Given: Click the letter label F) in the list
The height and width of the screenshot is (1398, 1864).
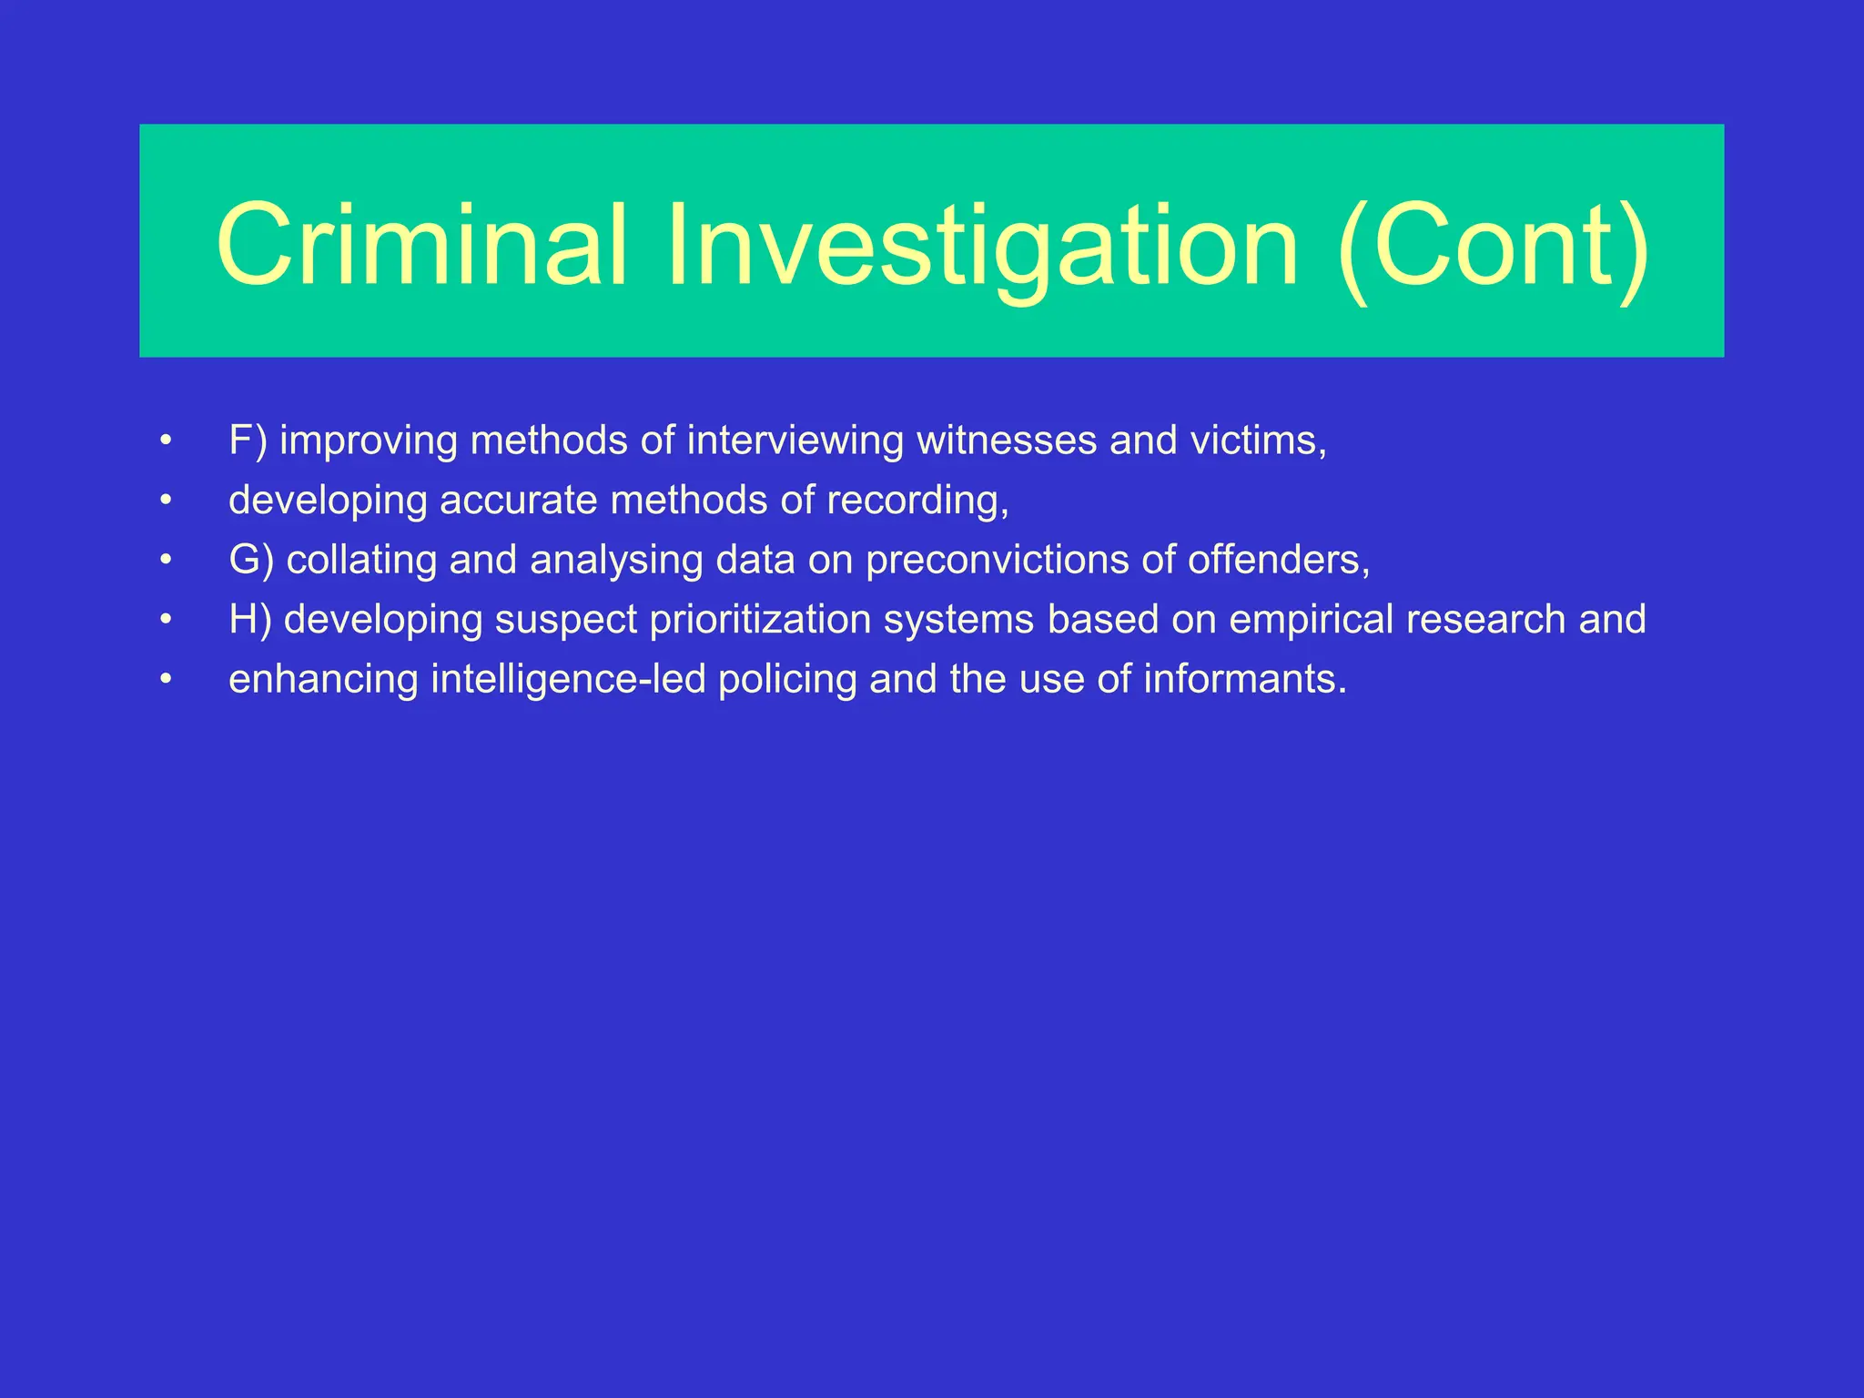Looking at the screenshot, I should pos(248,441).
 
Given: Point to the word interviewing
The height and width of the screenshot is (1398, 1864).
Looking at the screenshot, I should pos(795,441).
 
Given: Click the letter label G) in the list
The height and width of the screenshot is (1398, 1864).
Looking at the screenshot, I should pos(250,560).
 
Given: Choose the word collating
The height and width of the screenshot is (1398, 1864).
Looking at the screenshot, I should pos(361,561).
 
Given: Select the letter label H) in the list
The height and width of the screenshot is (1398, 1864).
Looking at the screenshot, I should pos(249,620).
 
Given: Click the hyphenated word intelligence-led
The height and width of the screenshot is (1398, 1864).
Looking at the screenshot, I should pos(568,680).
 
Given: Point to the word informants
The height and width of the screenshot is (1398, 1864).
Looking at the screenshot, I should pos(1243,680).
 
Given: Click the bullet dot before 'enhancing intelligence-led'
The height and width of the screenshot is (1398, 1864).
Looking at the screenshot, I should pos(165,679).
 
